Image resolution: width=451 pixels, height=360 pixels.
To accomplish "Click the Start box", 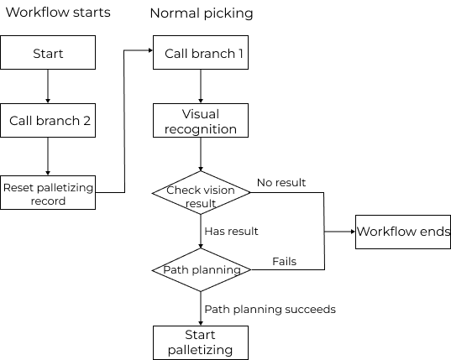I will pos(48,54).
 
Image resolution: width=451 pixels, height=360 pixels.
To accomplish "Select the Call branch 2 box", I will pos(48,120).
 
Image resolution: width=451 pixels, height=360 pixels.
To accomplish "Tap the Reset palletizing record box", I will pos(48,192).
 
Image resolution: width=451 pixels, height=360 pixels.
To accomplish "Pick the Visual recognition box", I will pos(201,122).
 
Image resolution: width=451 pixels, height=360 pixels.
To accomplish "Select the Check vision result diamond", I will pos(201,192).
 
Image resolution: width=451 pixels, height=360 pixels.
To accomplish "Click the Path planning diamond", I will pos(201,270).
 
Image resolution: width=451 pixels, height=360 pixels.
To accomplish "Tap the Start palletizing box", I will pos(201,342).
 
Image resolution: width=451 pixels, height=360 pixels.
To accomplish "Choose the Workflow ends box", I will pos(403,232).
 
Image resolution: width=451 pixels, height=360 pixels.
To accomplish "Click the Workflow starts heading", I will pos(58,13).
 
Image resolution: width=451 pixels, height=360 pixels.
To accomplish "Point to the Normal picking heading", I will pos(201,13).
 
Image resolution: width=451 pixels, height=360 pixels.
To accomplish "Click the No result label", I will pos(281,182).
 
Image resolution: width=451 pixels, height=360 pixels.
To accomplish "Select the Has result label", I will pos(231,231).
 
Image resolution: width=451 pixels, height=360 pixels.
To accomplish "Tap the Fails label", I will pos(284,262).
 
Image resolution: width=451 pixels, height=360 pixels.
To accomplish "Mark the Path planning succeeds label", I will pos(270,309).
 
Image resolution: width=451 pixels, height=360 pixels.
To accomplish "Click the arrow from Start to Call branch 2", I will pos(48,86).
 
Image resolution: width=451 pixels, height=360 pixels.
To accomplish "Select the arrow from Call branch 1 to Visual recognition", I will pos(201,86).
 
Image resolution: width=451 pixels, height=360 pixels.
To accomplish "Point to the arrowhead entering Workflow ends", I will pos(350,232).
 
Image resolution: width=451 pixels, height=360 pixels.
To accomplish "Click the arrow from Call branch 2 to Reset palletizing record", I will pos(48,155).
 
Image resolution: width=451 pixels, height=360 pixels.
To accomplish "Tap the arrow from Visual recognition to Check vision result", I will pos(201,155).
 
